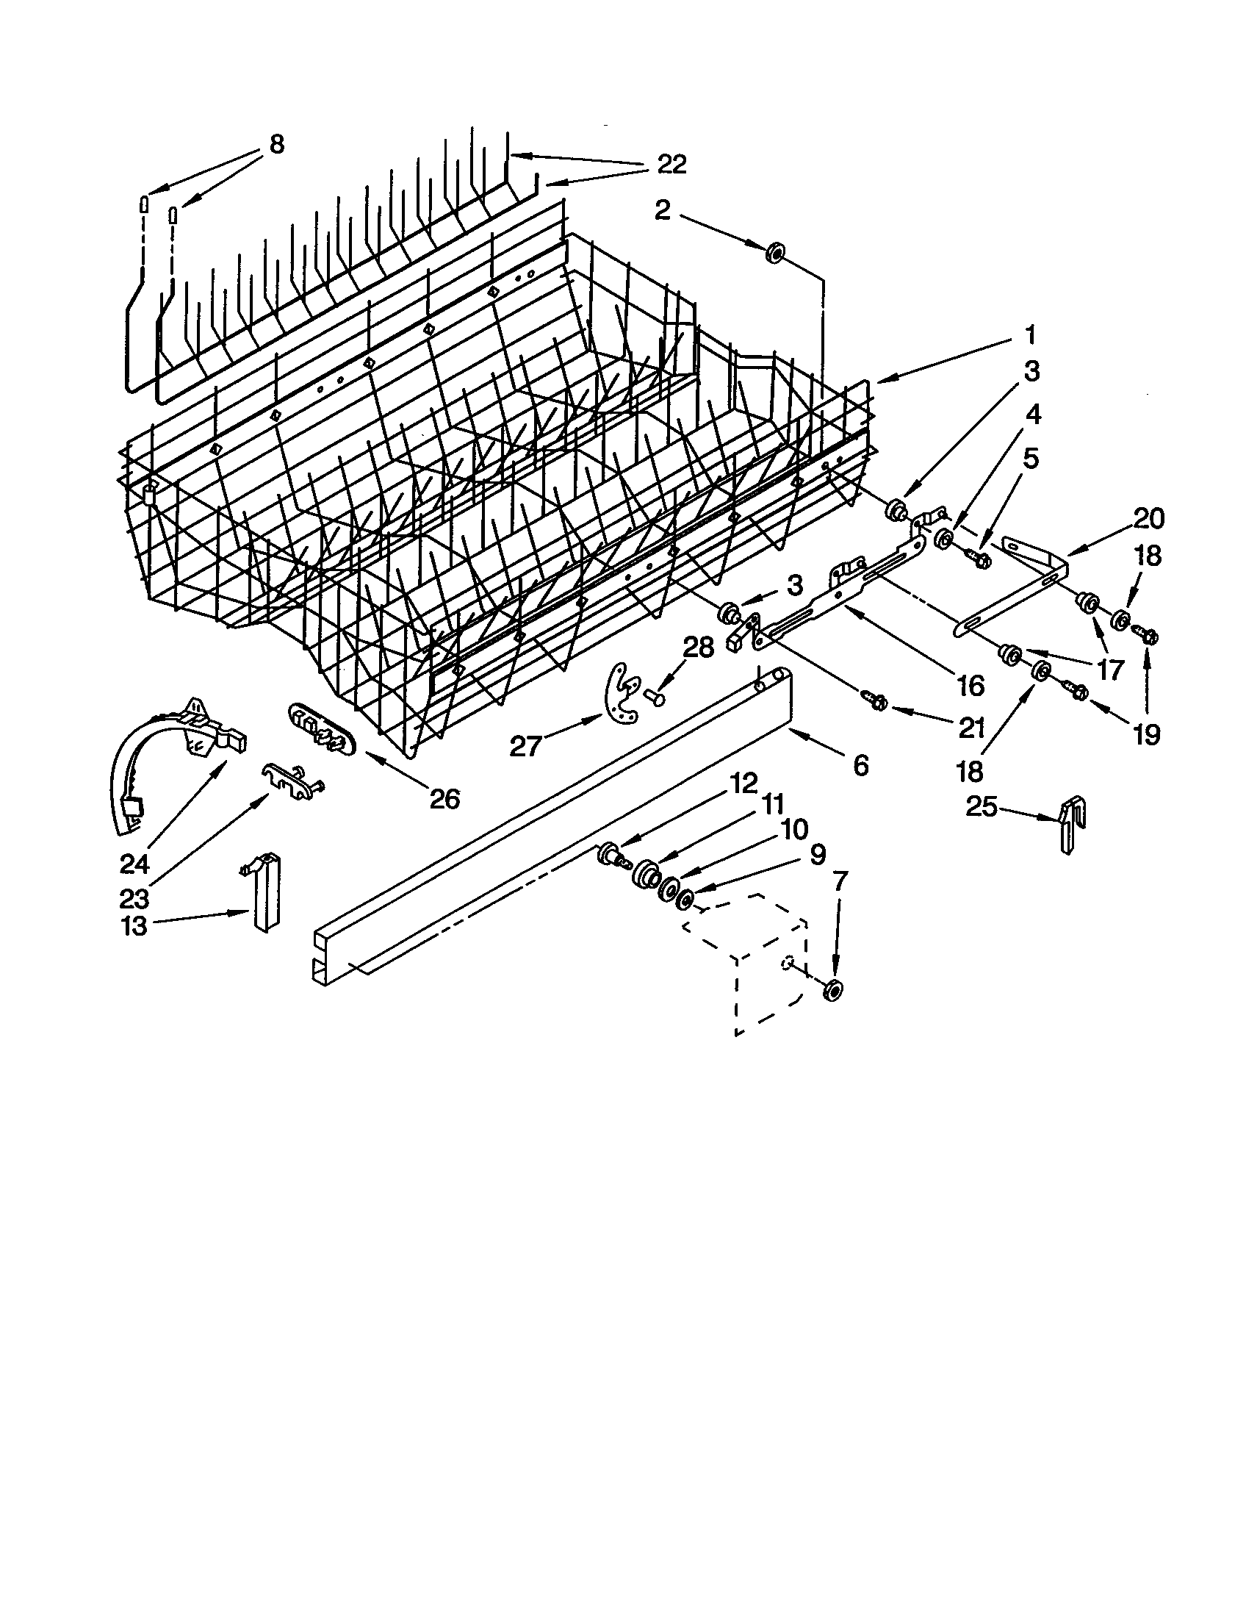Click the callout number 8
point(276,143)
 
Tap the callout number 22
point(671,165)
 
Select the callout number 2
point(662,211)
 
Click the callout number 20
point(1148,519)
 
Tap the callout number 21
point(970,728)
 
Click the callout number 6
point(860,764)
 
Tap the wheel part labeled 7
point(834,991)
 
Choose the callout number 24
point(135,864)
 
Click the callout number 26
point(444,798)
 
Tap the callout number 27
point(526,746)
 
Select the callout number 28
point(697,648)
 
